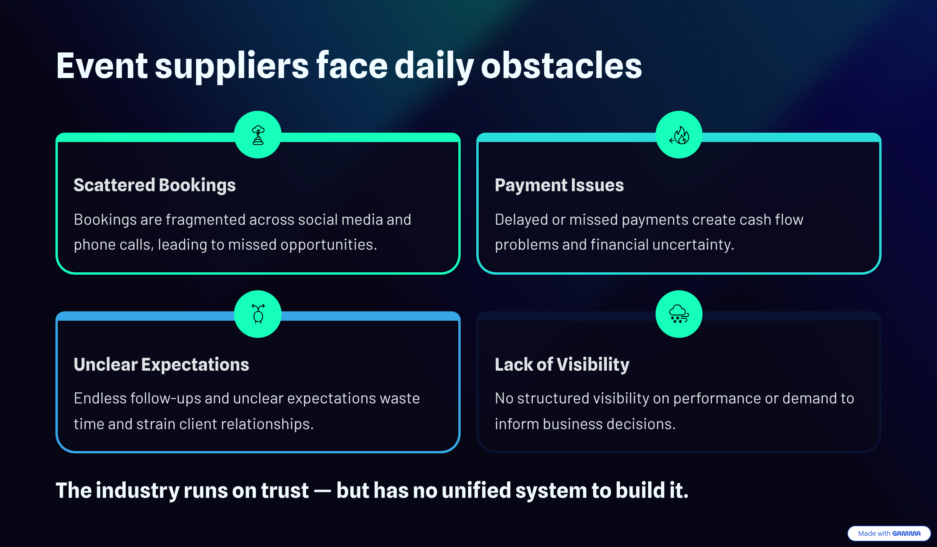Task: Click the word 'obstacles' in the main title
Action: point(561,66)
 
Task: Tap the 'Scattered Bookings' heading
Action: point(155,185)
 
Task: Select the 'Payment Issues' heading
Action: point(559,185)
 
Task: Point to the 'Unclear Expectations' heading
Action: point(161,364)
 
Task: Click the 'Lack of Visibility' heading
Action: point(562,364)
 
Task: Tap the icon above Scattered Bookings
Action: point(258,135)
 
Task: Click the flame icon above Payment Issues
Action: point(679,135)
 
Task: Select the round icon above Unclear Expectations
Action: point(258,314)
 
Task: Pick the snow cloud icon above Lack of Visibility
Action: point(679,314)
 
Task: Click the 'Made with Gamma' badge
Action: point(889,533)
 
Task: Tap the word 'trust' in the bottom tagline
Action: point(285,490)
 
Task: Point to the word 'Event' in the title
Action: point(102,66)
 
